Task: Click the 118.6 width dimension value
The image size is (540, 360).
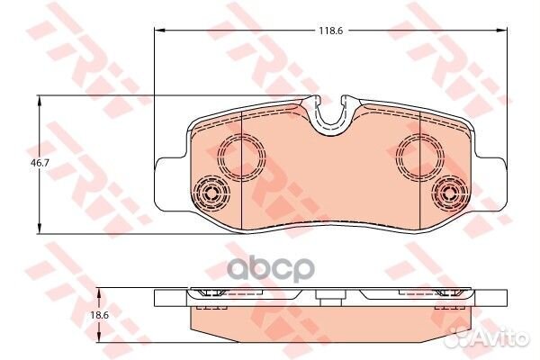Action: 330,31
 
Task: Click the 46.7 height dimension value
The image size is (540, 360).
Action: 40,163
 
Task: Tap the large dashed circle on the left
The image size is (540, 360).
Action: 242,157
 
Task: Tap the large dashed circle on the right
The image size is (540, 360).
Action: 420,157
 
